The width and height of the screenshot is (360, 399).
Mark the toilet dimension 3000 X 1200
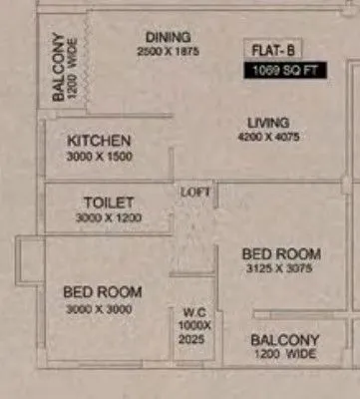108,217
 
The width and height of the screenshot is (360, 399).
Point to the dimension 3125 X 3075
281,269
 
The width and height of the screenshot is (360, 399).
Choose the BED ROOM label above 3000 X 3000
103,291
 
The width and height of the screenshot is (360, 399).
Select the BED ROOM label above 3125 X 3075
282,254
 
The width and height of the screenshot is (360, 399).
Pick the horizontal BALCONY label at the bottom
285,340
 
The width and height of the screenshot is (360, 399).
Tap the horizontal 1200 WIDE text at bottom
284,354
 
